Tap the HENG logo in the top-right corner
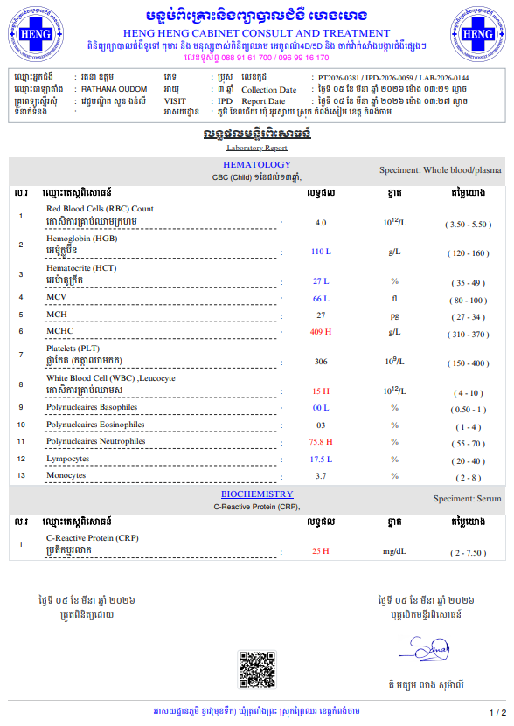478,36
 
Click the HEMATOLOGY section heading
257,164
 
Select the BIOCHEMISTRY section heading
257,494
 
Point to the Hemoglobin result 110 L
321,252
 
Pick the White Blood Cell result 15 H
321,391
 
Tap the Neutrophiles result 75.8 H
321,442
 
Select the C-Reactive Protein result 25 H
321,551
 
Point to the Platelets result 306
321,362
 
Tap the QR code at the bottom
257,669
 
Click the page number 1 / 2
497,713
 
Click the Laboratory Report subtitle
257,148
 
